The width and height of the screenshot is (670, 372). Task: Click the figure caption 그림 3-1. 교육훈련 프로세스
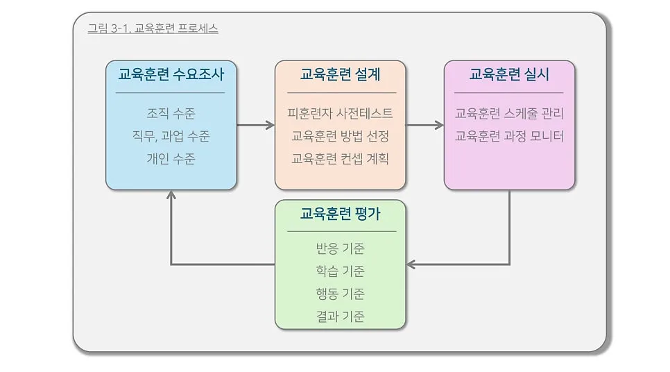tap(153, 29)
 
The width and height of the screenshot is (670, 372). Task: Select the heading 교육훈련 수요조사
tap(171, 74)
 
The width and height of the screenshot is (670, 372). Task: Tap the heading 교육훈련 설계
tap(340, 74)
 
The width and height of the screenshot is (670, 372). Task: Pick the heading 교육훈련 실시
tap(509, 74)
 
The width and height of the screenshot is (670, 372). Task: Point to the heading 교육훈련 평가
tap(340, 214)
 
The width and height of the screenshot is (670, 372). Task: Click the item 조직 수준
tap(171, 113)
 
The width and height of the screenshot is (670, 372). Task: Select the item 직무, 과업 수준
tap(171, 136)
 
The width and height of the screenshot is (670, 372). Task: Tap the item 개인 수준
tap(171, 159)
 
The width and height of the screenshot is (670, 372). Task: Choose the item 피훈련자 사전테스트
tap(340, 113)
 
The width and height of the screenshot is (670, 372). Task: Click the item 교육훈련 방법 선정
tap(340, 136)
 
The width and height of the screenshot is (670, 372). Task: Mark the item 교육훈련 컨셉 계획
tap(340, 159)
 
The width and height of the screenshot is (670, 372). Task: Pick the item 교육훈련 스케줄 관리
tap(509, 113)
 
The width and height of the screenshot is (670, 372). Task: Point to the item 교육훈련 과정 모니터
tap(509, 136)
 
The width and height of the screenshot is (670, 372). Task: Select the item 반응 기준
tap(340, 248)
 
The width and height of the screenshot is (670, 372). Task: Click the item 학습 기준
tap(340, 271)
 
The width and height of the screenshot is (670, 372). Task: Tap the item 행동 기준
tap(340, 294)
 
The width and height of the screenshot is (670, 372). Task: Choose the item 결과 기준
tap(340, 317)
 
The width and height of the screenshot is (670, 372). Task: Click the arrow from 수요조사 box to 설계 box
tap(255, 126)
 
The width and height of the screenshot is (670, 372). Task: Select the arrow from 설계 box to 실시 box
tap(424, 126)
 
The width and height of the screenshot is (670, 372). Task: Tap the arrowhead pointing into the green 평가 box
tap(411, 264)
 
